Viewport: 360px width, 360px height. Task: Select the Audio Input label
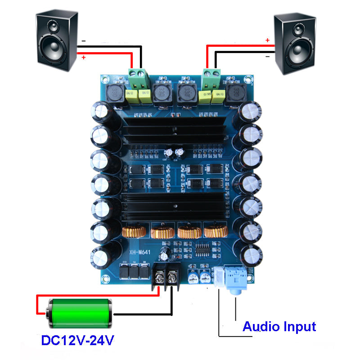(x=279, y=326)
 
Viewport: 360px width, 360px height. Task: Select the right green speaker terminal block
(x=211, y=80)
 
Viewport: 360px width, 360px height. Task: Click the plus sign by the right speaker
(x=267, y=40)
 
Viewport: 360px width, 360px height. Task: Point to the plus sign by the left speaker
(x=83, y=57)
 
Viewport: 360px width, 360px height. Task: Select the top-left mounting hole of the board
(x=104, y=80)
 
